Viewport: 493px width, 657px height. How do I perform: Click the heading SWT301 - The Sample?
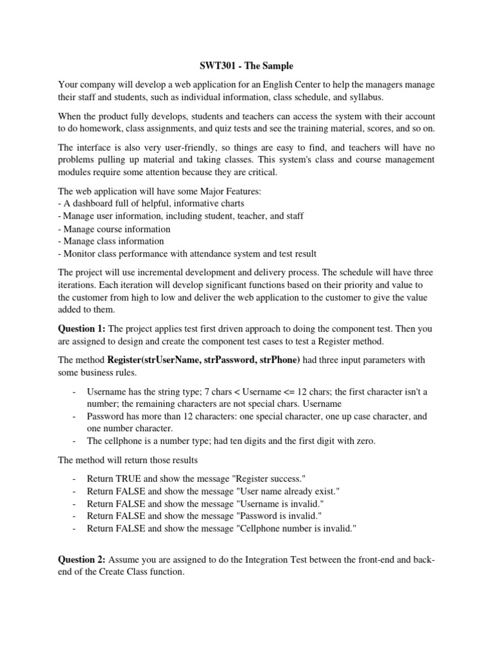(x=246, y=66)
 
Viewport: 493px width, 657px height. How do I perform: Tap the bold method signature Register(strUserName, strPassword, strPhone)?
(x=203, y=360)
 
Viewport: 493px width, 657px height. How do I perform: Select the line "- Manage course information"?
(x=114, y=229)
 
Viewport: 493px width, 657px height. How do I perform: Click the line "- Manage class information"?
(x=111, y=241)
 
